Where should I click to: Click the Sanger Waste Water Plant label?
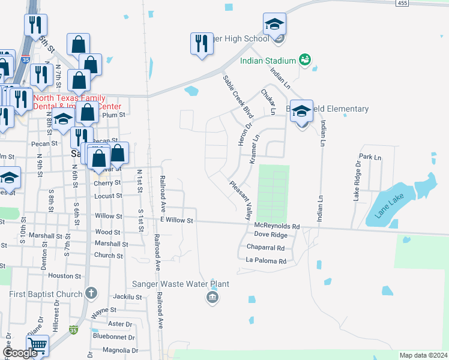click(172, 284)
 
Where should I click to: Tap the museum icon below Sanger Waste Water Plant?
click(211, 298)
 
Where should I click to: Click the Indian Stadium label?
click(268, 61)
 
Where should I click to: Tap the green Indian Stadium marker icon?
click(305, 60)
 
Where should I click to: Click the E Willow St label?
click(176, 221)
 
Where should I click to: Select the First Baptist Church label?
click(46, 294)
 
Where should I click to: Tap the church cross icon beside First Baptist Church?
click(91, 293)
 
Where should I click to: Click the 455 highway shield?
click(402, 3)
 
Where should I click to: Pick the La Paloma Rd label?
click(267, 261)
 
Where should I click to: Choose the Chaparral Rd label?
click(265, 247)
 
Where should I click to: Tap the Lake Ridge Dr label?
click(357, 184)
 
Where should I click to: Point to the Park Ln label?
click(370, 157)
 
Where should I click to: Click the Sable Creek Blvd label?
click(238, 96)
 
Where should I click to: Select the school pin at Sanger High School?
click(274, 25)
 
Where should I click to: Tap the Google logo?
click(20, 353)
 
